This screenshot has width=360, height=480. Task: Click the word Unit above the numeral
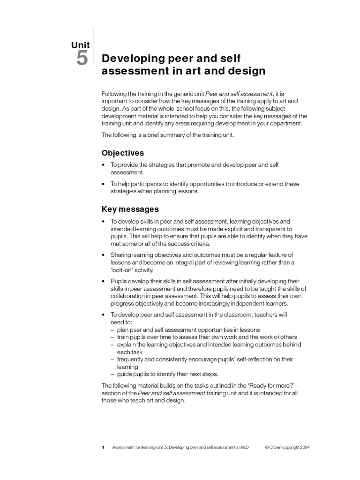[x=80, y=45]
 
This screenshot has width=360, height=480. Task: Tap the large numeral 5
[x=81, y=59]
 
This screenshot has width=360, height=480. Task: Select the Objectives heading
[x=123, y=153]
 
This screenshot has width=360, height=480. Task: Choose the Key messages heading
[x=130, y=209]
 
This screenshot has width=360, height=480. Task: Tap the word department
[x=287, y=124]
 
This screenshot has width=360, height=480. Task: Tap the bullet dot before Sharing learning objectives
[x=103, y=255]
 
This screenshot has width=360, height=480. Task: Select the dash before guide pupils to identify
[x=112, y=374]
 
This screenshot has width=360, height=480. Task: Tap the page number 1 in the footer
[x=103, y=448]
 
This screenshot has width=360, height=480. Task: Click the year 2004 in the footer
[x=303, y=448]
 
